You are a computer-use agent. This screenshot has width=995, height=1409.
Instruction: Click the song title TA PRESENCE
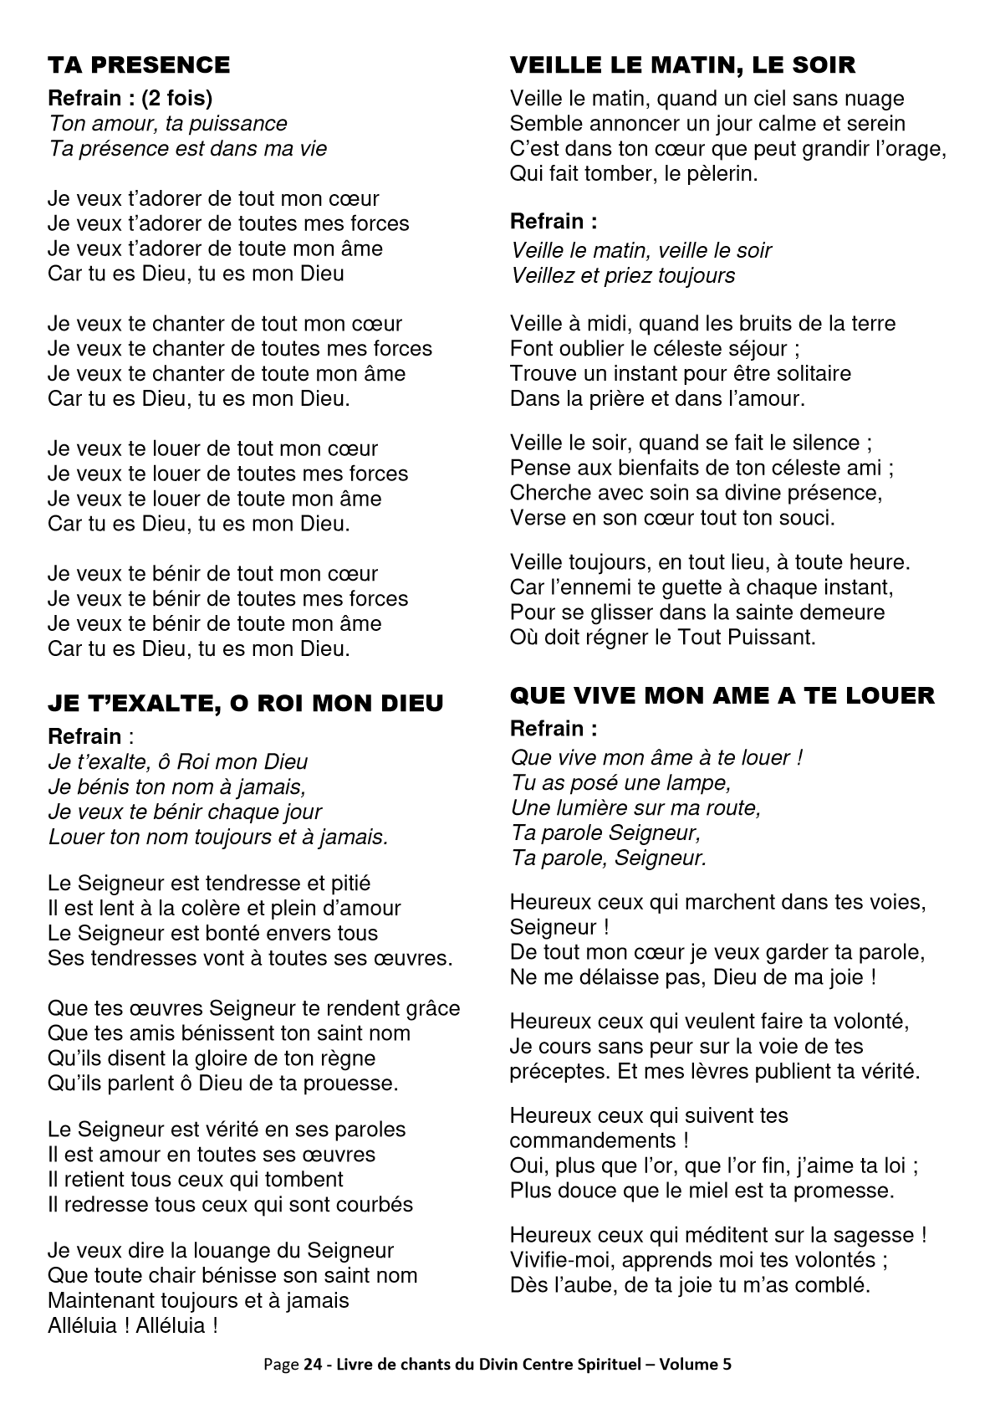point(139,65)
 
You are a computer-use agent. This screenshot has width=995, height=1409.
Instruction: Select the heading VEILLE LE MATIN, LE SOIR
point(682,65)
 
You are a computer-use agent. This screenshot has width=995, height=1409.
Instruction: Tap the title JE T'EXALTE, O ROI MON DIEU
point(246,704)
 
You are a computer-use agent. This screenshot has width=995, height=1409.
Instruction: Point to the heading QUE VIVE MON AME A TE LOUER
point(722,695)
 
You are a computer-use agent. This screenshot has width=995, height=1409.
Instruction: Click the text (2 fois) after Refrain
point(176,99)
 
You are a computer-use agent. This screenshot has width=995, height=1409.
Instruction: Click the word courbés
point(375,1205)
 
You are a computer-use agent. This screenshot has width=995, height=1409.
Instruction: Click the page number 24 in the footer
point(312,1365)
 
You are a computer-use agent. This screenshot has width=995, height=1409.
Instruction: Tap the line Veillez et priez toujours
point(623,276)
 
